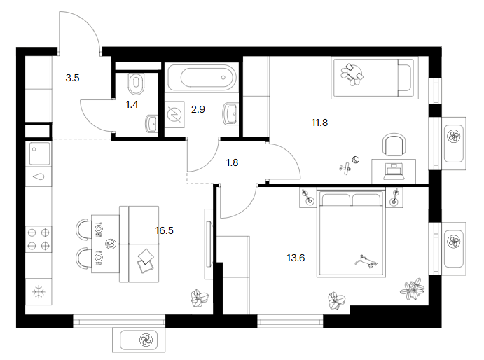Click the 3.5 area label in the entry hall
point(72,78)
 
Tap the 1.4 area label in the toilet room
point(132,104)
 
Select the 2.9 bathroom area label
point(198,109)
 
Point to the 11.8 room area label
point(319,123)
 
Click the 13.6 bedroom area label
point(296,258)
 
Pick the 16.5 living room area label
point(164,230)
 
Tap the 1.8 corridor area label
point(232,162)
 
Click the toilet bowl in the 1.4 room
point(136,84)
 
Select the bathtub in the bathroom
point(202,78)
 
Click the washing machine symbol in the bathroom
point(174,115)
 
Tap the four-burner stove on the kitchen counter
point(39,239)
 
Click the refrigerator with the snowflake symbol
point(39,292)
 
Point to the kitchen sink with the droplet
point(39,177)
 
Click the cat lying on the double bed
point(366,261)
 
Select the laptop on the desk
point(394,172)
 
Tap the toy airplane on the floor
point(345,169)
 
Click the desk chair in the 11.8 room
point(394,145)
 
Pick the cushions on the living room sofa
point(146,261)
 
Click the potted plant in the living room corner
point(200,298)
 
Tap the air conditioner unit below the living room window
point(139,340)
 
